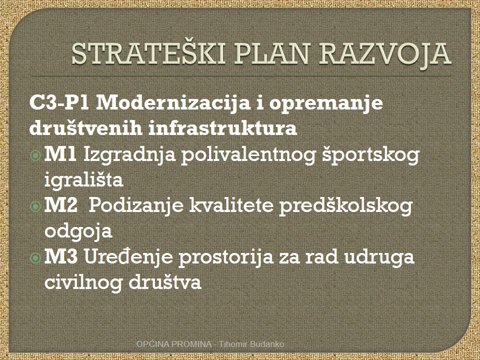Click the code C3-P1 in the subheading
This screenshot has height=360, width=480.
point(59,103)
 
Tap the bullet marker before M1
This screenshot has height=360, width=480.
point(35,155)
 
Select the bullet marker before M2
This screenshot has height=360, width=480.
point(35,206)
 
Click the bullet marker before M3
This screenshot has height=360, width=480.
point(35,258)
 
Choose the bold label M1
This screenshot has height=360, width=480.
point(60,154)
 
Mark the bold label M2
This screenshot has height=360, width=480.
point(61,205)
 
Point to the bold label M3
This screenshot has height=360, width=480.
point(61,256)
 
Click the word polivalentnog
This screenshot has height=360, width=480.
point(248,155)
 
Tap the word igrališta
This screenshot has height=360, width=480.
point(84,179)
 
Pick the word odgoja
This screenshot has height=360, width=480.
point(78,231)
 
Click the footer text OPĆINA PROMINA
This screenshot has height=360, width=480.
point(174,344)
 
